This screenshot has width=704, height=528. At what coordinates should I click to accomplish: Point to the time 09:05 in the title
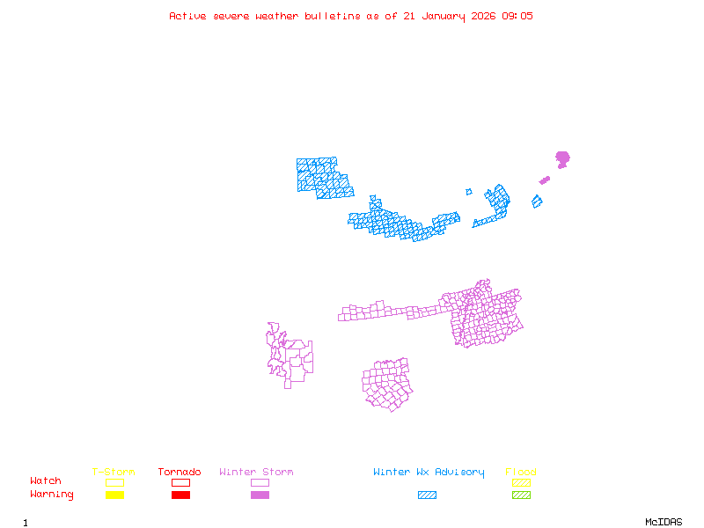[517, 16]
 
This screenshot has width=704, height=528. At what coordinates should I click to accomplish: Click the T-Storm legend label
[114, 472]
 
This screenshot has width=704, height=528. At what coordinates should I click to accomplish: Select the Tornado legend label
[180, 472]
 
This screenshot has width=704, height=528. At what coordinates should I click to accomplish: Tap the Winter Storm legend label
[256, 472]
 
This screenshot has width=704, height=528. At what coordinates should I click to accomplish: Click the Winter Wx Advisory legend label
[429, 472]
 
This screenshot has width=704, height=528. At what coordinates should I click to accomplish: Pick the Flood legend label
[521, 472]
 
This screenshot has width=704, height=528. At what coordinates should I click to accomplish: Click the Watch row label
[46, 481]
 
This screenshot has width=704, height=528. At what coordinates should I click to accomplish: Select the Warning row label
[52, 495]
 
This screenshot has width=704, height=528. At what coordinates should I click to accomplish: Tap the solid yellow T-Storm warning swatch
[114, 495]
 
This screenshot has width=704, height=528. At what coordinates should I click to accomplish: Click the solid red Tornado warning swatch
[180, 495]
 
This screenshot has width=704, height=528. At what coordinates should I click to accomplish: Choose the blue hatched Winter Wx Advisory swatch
[427, 495]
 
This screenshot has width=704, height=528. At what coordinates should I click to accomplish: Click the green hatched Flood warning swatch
[521, 495]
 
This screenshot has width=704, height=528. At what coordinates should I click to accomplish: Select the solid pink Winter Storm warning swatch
[260, 495]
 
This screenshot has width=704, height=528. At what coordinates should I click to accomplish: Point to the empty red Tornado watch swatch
[180, 482]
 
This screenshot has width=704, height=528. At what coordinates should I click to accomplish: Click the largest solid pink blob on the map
[562, 158]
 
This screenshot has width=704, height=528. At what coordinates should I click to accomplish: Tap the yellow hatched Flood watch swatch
[521, 482]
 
